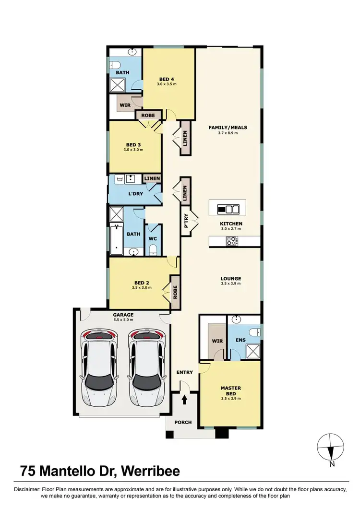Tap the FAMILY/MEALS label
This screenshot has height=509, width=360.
click(x=228, y=128)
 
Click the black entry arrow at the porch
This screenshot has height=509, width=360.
click(x=185, y=399)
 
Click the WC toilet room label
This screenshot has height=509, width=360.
click(x=152, y=238)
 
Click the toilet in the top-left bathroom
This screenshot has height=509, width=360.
click(x=115, y=65)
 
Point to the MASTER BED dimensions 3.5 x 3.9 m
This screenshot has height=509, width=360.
click(x=230, y=398)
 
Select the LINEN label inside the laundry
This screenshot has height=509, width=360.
click(x=152, y=178)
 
